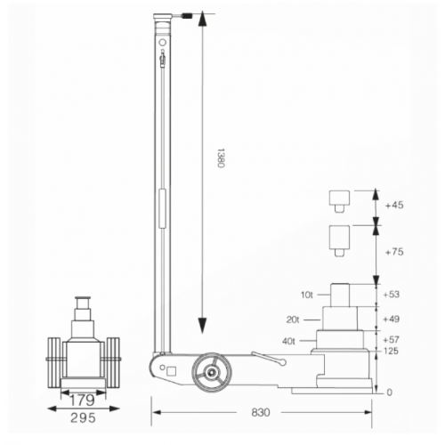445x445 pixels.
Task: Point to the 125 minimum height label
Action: tap(390, 352)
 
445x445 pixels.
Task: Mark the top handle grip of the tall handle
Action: tap(162, 18)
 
